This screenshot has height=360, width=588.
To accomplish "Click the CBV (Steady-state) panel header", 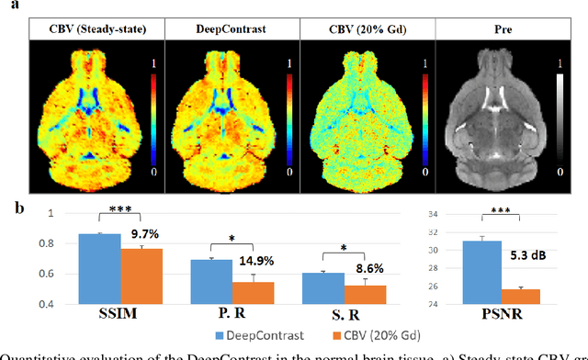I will coord(96,30).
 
